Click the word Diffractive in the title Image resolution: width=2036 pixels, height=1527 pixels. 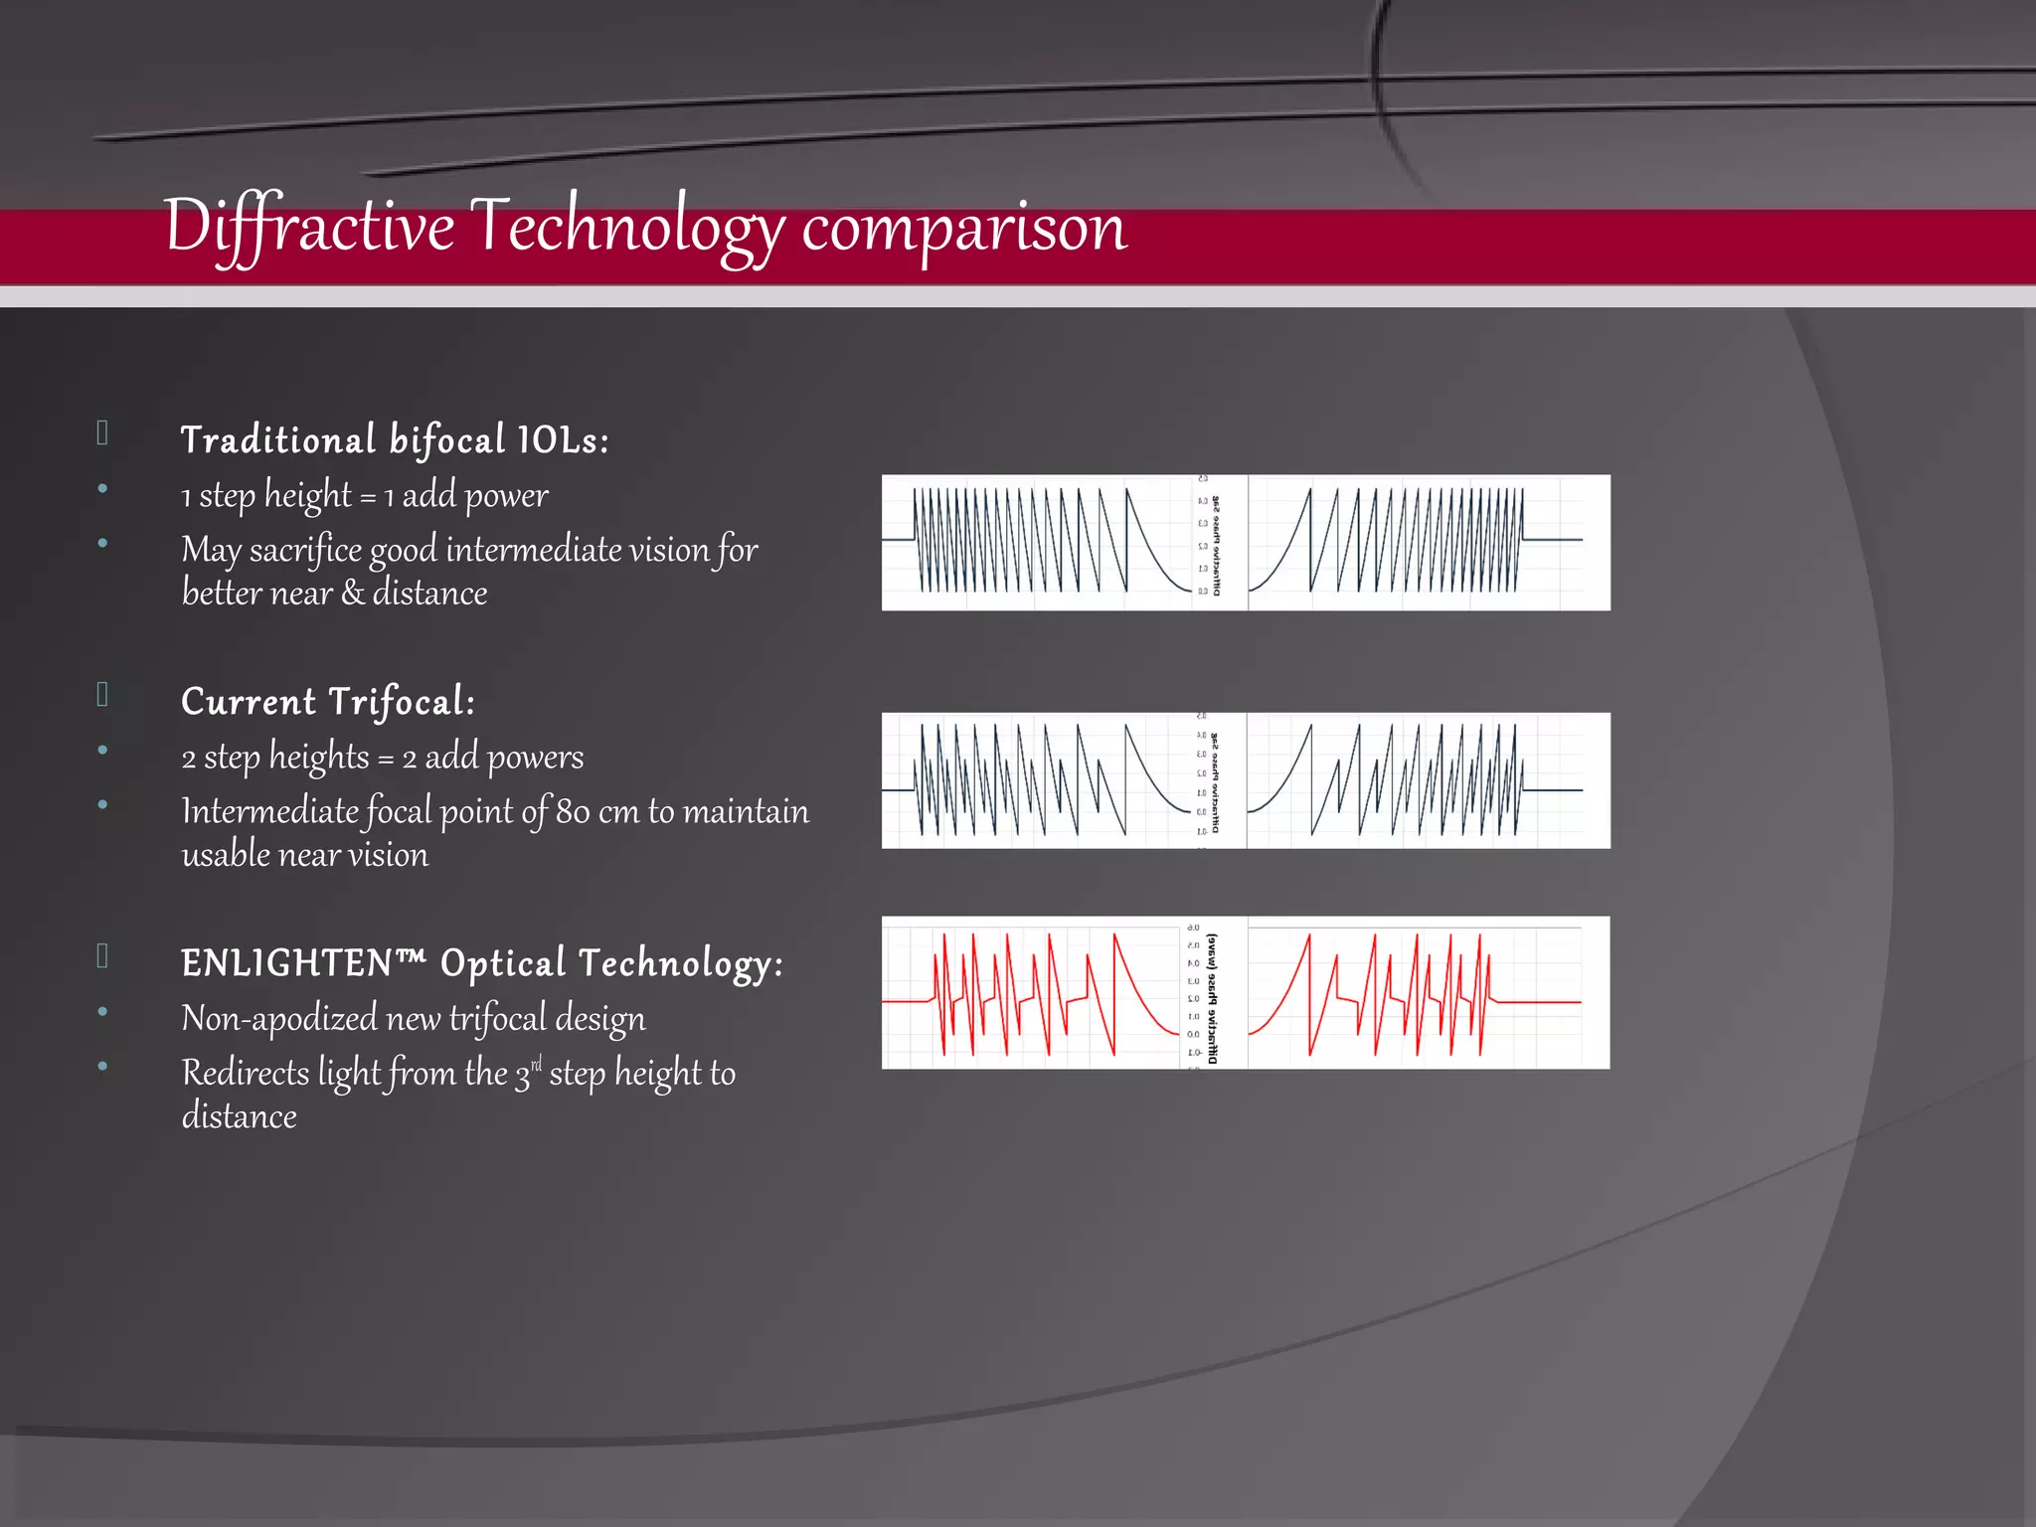(308, 227)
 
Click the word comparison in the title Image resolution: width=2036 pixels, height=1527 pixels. (963, 229)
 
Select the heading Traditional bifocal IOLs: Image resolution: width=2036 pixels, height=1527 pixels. (394, 440)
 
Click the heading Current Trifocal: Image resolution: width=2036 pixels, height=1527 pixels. (328, 702)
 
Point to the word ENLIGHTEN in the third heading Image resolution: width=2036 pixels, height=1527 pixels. (287, 963)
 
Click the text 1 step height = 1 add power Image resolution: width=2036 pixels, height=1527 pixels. (364, 495)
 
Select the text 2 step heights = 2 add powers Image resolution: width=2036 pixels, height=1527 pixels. (382, 758)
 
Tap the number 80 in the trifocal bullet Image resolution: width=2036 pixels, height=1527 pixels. (573, 812)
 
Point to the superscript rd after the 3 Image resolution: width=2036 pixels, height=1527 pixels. (537, 1065)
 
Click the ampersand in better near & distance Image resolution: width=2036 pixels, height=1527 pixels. (353, 594)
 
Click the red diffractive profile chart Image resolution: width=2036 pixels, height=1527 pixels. (1245, 992)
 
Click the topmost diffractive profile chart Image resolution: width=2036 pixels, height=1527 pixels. (1245, 543)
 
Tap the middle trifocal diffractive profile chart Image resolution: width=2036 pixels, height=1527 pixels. (1245, 780)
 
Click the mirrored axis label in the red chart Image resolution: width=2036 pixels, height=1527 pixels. (1212, 997)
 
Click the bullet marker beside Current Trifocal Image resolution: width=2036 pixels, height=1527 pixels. (102, 694)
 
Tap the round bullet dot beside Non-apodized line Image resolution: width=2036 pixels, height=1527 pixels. (102, 1012)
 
